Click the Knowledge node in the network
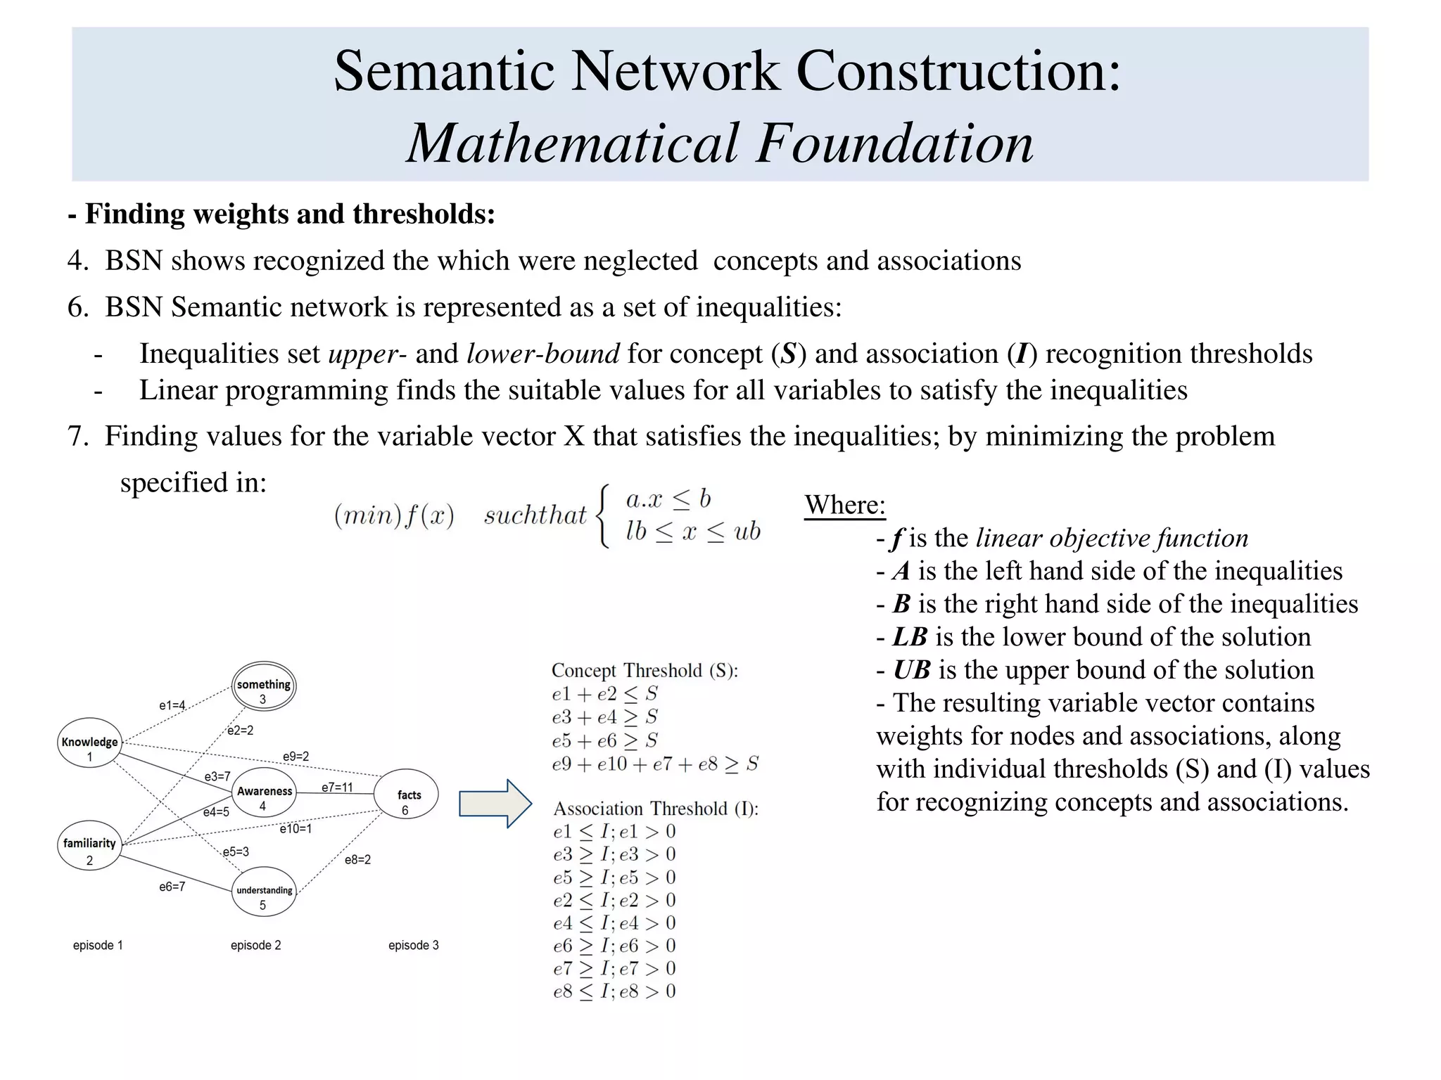pos(89,748)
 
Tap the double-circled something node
pos(264,690)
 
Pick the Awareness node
pos(264,797)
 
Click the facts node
pos(407,801)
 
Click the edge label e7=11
pos(337,787)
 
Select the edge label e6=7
pos(172,887)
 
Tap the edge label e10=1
pos(296,829)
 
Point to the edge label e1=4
pos(172,705)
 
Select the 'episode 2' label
pos(255,945)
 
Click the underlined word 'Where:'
pos(844,505)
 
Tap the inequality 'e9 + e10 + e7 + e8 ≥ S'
pos(655,764)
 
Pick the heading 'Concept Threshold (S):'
pos(645,670)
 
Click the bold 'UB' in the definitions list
pos(911,670)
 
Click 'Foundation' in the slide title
pos(895,143)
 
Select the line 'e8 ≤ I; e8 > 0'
pos(614,991)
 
